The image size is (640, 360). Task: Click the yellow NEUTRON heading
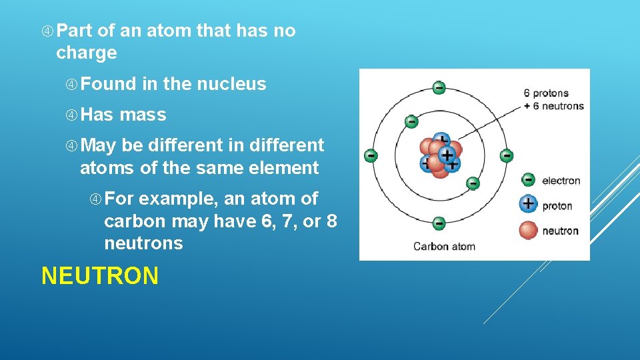point(100,275)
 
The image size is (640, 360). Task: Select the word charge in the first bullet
point(86,53)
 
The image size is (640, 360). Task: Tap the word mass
point(143,115)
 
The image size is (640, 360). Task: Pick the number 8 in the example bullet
point(331,221)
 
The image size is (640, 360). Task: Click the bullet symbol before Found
point(71,85)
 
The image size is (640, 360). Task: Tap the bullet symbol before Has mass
point(71,115)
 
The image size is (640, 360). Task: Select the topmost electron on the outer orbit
point(439,87)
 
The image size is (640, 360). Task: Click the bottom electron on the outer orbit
point(439,223)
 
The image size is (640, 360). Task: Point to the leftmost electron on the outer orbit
point(371,155)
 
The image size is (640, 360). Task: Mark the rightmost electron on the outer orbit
point(507,156)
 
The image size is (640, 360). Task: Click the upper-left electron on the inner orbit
point(411,121)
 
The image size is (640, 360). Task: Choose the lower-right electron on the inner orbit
point(473,183)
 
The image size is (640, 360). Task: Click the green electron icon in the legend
point(528,180)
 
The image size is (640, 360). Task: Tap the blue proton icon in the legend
point(528,204)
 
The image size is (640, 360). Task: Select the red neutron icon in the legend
point(528,230)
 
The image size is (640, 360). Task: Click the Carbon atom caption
point(444,246)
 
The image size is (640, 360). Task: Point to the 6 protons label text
point(546,93)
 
